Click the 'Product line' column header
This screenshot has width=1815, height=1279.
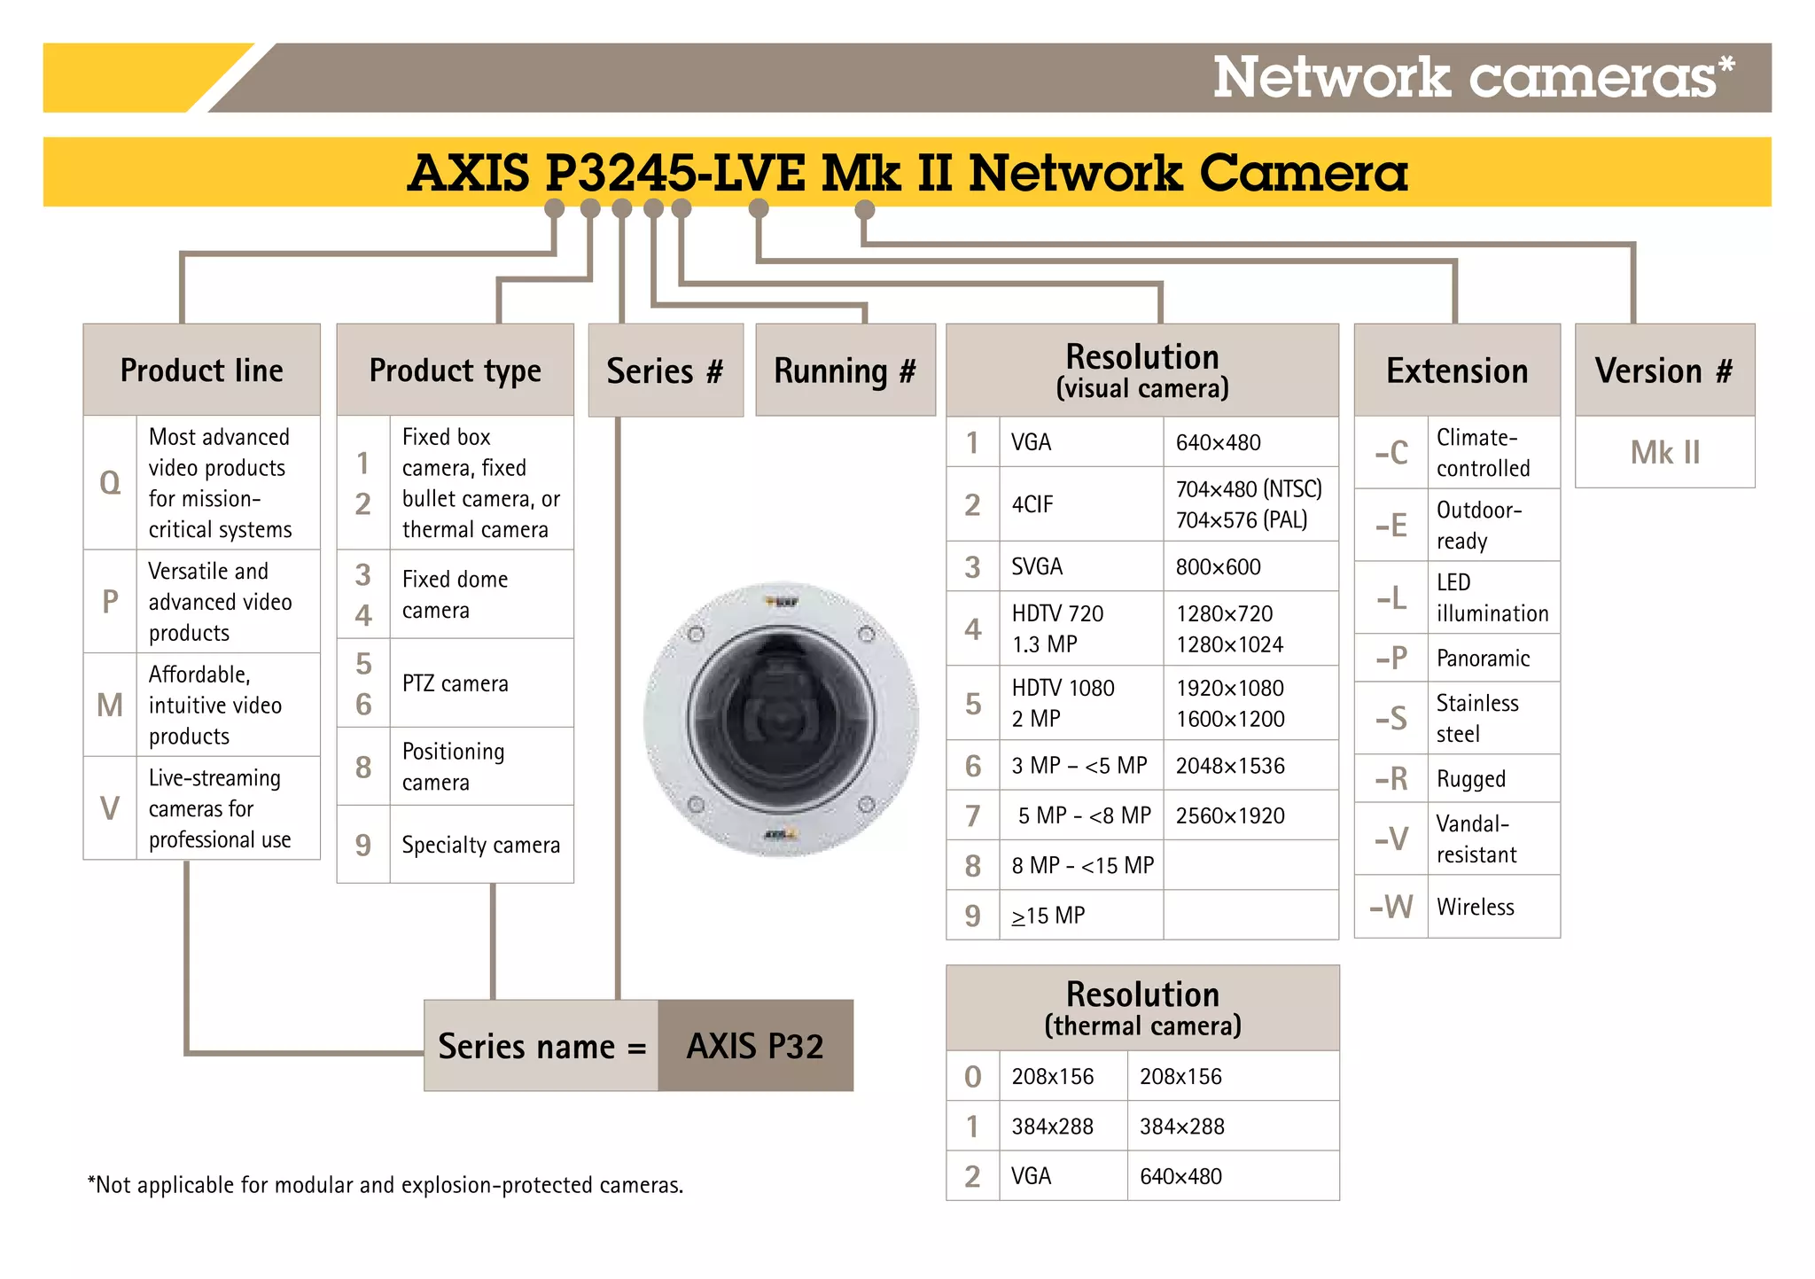(x=201, y=370)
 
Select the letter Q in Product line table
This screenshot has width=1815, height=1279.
(x=110, y=483)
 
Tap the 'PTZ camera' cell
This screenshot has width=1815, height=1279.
(x=455, y=683)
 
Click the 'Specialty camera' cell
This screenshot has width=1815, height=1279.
(x=480, y=845)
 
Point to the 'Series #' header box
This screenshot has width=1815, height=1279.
(x=665, y=370)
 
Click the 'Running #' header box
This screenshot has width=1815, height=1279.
(x=845, y=370)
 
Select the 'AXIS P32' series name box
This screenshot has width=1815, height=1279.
(x=755, y=1046)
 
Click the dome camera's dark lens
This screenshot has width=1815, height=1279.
(x=781, y=720)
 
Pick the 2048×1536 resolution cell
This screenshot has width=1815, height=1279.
(x=1230, y=766)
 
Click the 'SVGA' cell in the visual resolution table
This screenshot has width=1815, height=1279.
(x=1037, y=566)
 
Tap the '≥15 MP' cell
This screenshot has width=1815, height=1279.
(x=1048, y=916)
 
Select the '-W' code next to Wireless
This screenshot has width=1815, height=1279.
(x=1390, y=907)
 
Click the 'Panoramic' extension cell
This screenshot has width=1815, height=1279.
(x=1483, y=658)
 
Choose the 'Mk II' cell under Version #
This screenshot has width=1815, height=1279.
(x=1664, y=453)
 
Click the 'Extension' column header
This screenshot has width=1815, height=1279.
(x=1456, y=370)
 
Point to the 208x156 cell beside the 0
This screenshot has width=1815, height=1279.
(x=1053, y=1076)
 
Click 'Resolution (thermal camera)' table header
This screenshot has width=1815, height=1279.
(x=1142, y=1008)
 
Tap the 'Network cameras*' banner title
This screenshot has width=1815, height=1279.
(x=1472, y=78)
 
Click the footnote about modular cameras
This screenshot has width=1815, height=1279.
(x=386, y=1185)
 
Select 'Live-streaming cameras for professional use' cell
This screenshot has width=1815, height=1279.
(x=220, y=808)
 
